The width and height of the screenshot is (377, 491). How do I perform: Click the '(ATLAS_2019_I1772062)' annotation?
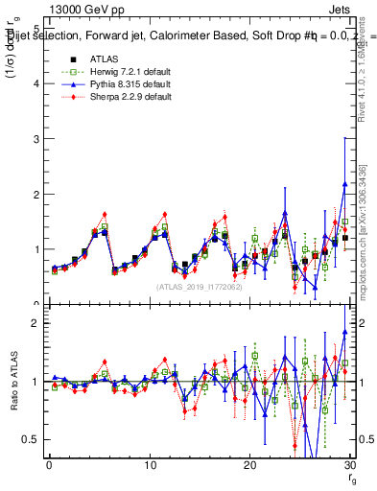pos(199,287)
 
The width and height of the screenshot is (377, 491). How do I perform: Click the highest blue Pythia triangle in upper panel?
pos(344,184)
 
